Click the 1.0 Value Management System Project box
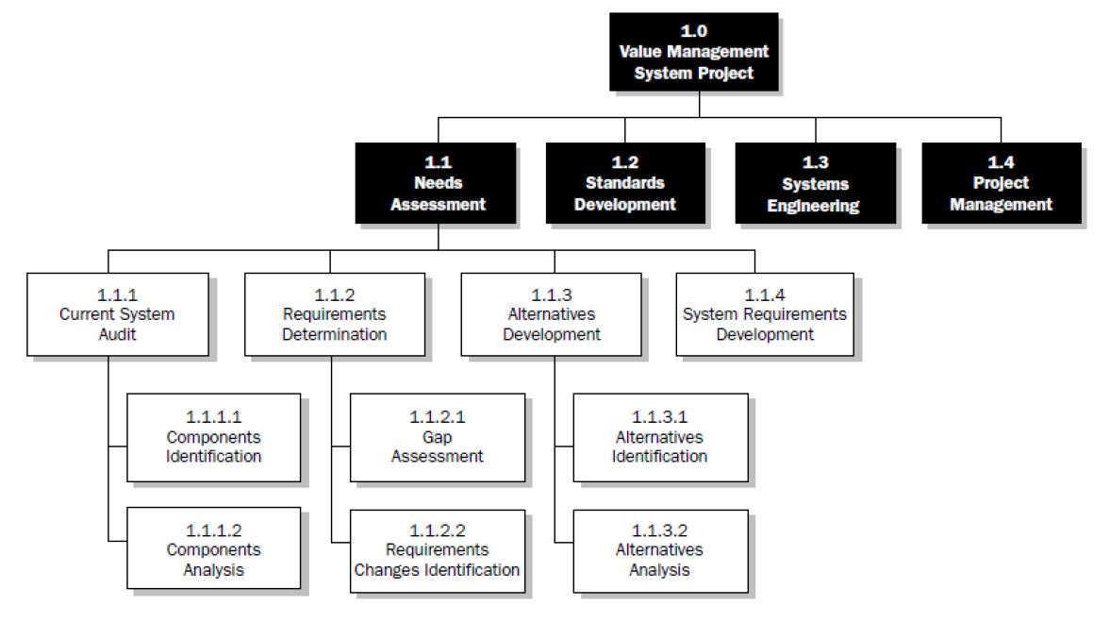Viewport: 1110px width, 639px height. pyautogui.click(x=693, y=52)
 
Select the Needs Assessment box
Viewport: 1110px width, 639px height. pyautogui.click(x=438, y=182)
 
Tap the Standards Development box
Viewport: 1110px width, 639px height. pyautogui.click(x=624, y=182)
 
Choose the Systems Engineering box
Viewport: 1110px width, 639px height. pyautogui.click(x=814, y=183)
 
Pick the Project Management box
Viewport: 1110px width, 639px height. pyautogui.click(x=1001, y=182)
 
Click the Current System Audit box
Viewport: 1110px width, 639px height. pyautogui.click(x=117, y=313)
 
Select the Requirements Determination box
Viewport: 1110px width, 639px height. pyautogui.click(x=334, y=313)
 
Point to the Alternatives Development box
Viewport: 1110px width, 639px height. pyautogui.click(x=551, y=313)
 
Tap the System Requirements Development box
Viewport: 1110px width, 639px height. pyautogui.click(x=764, y=313)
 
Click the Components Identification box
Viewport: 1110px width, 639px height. pyautogui.click(x=213, y=436)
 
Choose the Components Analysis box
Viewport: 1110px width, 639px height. pyautogui.click(x=213, y=549)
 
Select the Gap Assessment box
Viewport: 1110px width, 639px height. pyautogui.click(x=437, y=436)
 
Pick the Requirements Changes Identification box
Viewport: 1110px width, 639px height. pyautogui.click(x=437, y=550)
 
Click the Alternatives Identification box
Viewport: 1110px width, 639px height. pyautogui.click(x=659, y=436)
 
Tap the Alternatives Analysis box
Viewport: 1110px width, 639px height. pyautogui.click(x=659, y=550)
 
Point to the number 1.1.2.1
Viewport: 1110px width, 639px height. pyautogui.click(x=437, y=416)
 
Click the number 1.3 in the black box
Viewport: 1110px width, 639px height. pyautogui.click(x=814, y=162)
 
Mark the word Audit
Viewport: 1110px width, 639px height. pyautogui.click(x=117, y=333)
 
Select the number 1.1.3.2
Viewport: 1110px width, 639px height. pyautogui.click(x=659, y=530)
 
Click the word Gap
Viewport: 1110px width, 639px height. pyautogui.click(x=437, y=437)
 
